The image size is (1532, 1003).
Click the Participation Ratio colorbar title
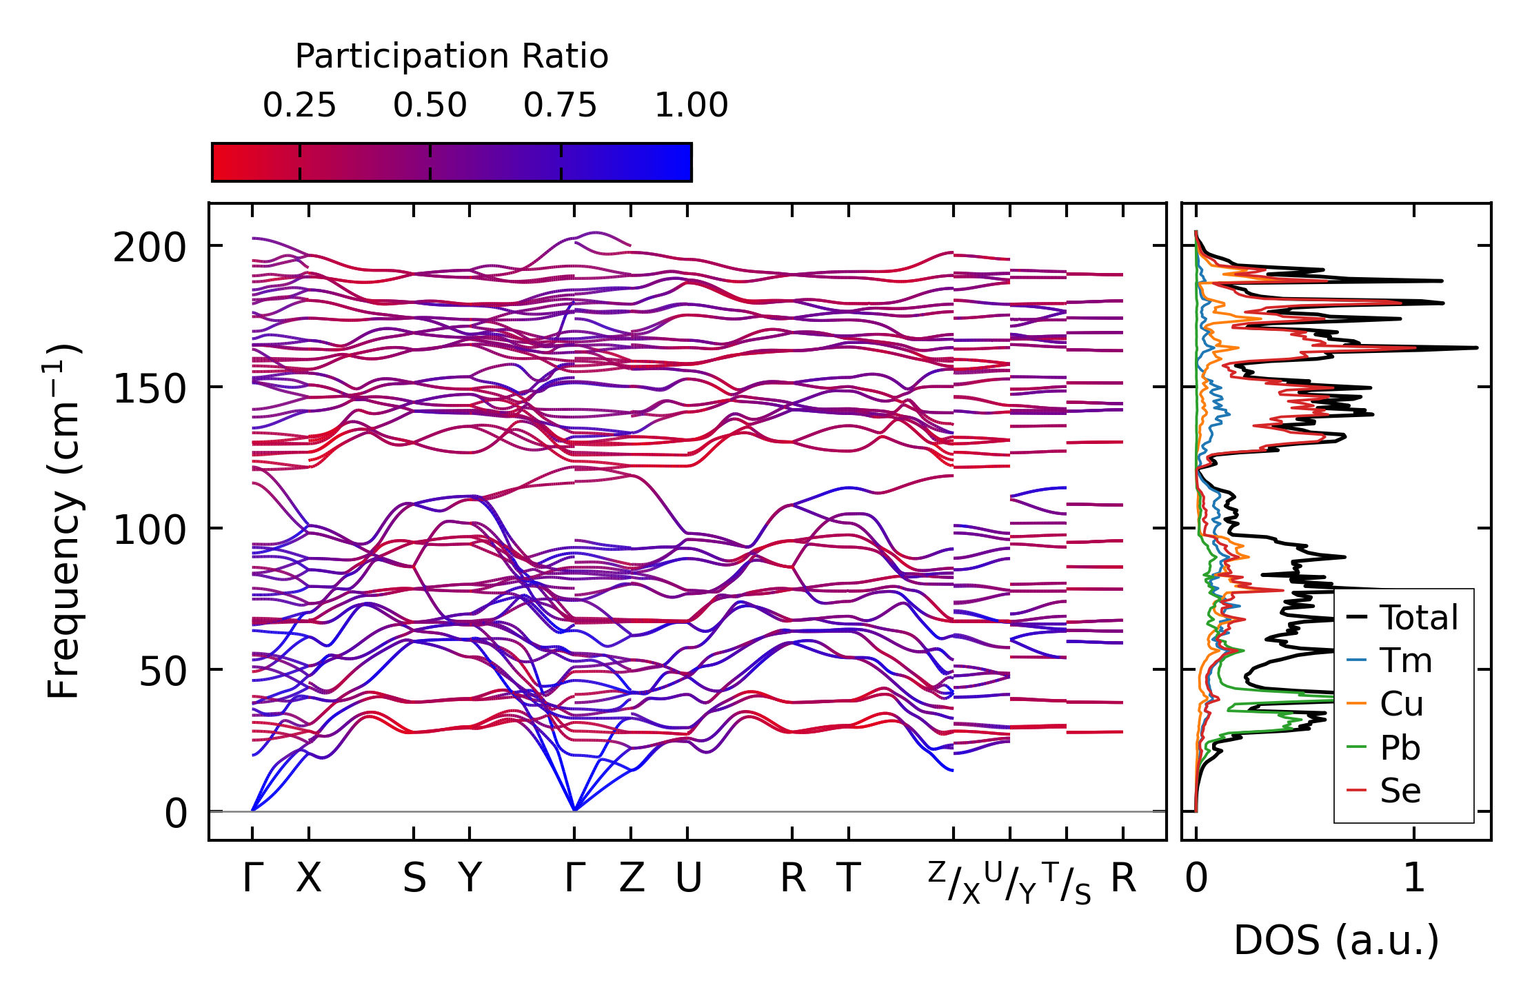click(452, 57)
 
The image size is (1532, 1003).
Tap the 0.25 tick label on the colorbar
click(299, 105)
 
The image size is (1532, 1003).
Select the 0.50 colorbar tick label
click(430, 105)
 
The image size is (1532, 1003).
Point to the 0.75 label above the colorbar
click(561, 105)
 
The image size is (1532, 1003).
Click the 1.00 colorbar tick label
click(692, 105)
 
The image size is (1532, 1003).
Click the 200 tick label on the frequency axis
click(150, 247)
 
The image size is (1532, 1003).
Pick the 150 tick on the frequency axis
click(150, 389)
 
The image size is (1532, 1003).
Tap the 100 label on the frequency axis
click(150, 530)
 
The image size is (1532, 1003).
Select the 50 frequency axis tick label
click(163, 671)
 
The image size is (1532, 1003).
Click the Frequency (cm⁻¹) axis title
click(63, 521)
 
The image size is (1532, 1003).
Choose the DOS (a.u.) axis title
click(1336, 940)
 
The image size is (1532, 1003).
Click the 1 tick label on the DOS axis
click(1414, 878)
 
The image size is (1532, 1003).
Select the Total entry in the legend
click(1403, 617)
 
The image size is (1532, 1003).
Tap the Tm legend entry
click(1389, 660)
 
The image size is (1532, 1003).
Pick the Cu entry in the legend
click(1385, 704)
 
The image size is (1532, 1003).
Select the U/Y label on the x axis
click(1010, 882)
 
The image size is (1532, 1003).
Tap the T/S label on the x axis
click(1066, 882)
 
